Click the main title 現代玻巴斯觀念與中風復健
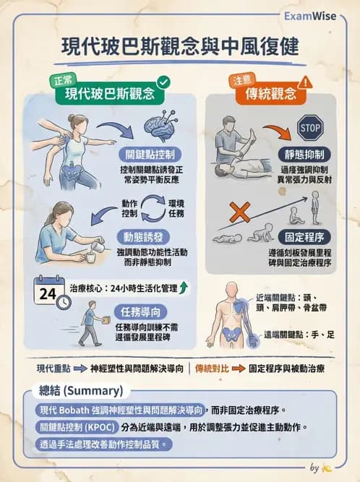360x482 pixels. point(179,47)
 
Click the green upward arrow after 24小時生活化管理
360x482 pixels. point(184,288)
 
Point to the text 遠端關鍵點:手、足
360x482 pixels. point(296,336)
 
